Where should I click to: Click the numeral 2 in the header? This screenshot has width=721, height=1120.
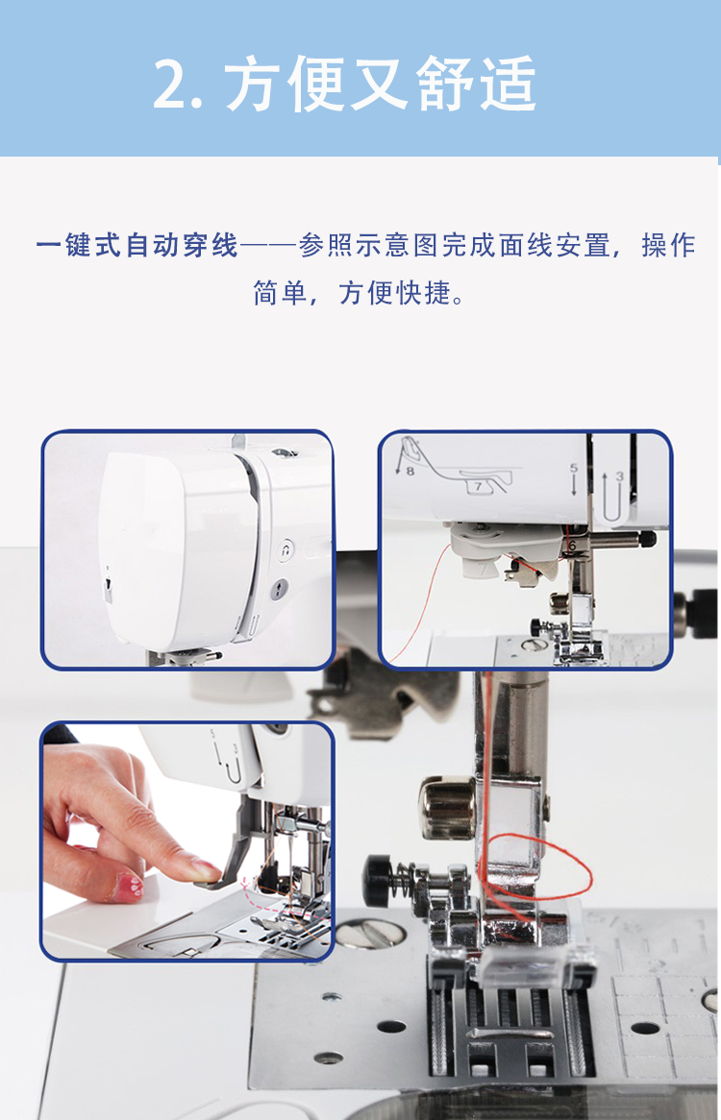tap(171, 84)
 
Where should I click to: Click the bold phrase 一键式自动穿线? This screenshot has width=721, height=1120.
tap(137, 245)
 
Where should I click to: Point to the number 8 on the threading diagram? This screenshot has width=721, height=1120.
tap(410, 471)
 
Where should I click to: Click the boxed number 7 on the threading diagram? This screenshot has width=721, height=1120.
tap(478, 486)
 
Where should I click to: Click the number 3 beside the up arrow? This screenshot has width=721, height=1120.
tap(619, 475)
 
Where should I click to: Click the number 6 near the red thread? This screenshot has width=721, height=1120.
tap(572, 546)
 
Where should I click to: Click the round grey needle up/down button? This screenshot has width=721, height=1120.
tap(280, 589)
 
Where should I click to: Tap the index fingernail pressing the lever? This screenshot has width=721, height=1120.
tap(205, 869)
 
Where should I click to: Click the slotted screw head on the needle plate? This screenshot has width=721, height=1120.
tap(369, 933)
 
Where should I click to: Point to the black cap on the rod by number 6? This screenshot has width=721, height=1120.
tap(648, 539)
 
